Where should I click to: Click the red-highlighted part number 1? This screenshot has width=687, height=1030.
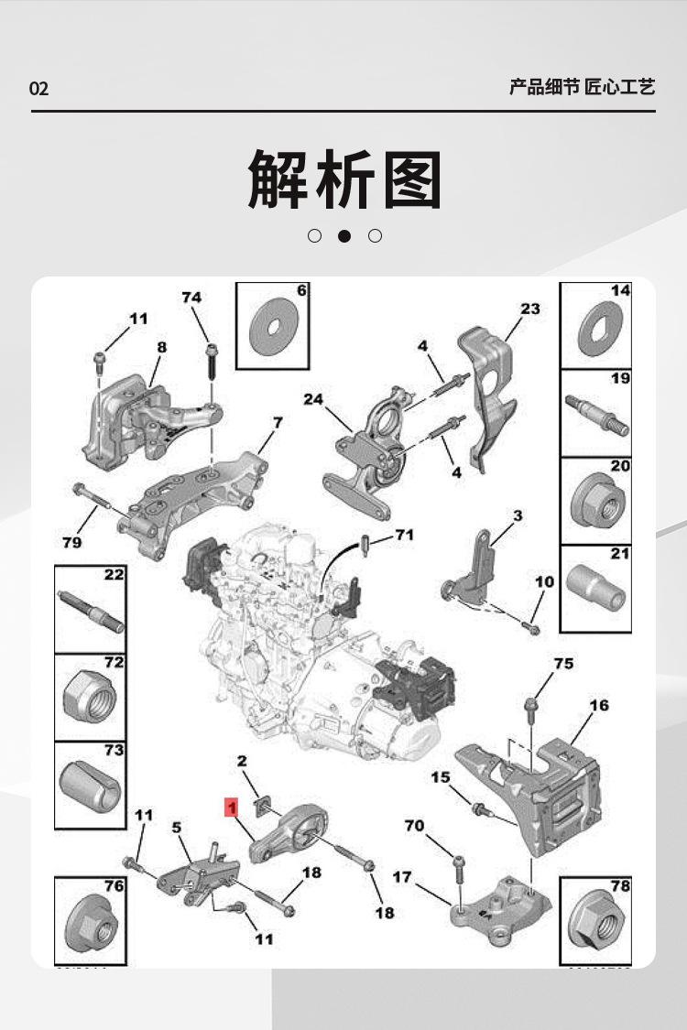(x=233, y=808)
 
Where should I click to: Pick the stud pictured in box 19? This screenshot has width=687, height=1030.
(x=596, y=414)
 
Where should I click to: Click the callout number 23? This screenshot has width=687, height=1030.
(x=530, y=309)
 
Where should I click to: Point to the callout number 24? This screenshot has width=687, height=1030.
(x=314, y=399)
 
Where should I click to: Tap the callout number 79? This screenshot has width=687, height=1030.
(x=72, y=542)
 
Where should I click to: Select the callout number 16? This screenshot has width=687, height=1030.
(x=598, y=705)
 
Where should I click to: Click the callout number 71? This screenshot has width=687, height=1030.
(x=404, y=535)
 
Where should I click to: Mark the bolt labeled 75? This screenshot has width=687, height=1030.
(x=530, y=706)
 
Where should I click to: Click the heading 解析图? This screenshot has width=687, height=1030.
(x=344, y=179)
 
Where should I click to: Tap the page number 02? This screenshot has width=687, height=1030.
(x=38, y=89)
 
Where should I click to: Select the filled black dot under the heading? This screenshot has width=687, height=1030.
(x=344, y=236)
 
